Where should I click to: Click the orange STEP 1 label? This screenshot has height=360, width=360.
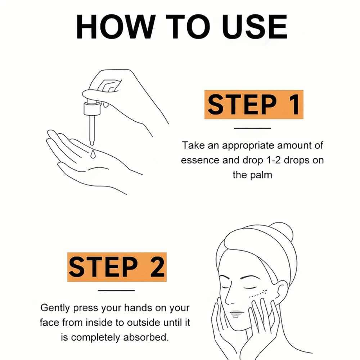coord(253,104)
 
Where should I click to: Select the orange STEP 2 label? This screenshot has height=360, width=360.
coord(117,267)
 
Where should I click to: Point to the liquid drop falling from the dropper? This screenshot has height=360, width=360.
coord(93,154)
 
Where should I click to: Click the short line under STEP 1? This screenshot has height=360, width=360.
coord(252,128)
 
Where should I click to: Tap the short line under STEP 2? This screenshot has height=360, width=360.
coord(116,291)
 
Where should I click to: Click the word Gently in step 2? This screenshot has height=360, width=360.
coord(55,308)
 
